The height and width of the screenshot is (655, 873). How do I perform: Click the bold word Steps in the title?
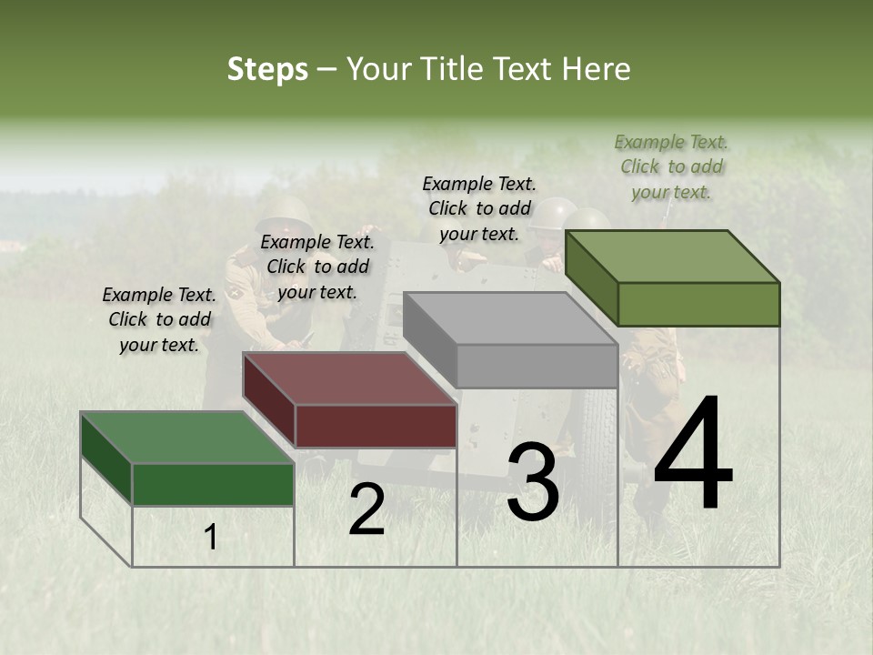267,69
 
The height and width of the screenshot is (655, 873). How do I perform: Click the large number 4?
693,455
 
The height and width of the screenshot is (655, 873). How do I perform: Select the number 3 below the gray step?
533,482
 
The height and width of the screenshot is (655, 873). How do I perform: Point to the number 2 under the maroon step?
366,509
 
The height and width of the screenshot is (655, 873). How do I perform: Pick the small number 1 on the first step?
211,538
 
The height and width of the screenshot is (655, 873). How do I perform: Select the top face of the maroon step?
350,378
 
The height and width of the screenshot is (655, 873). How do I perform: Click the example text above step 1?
159,319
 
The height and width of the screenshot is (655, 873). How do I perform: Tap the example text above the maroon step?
317,267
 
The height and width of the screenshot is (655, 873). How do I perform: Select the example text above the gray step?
479,208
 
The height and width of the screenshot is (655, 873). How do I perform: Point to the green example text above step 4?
671,166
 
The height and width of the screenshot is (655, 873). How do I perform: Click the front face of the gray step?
537,367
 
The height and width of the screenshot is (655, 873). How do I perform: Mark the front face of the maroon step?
376,426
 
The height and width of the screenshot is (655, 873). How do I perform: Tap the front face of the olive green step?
698,304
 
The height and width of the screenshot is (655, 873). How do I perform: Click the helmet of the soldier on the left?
284,210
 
